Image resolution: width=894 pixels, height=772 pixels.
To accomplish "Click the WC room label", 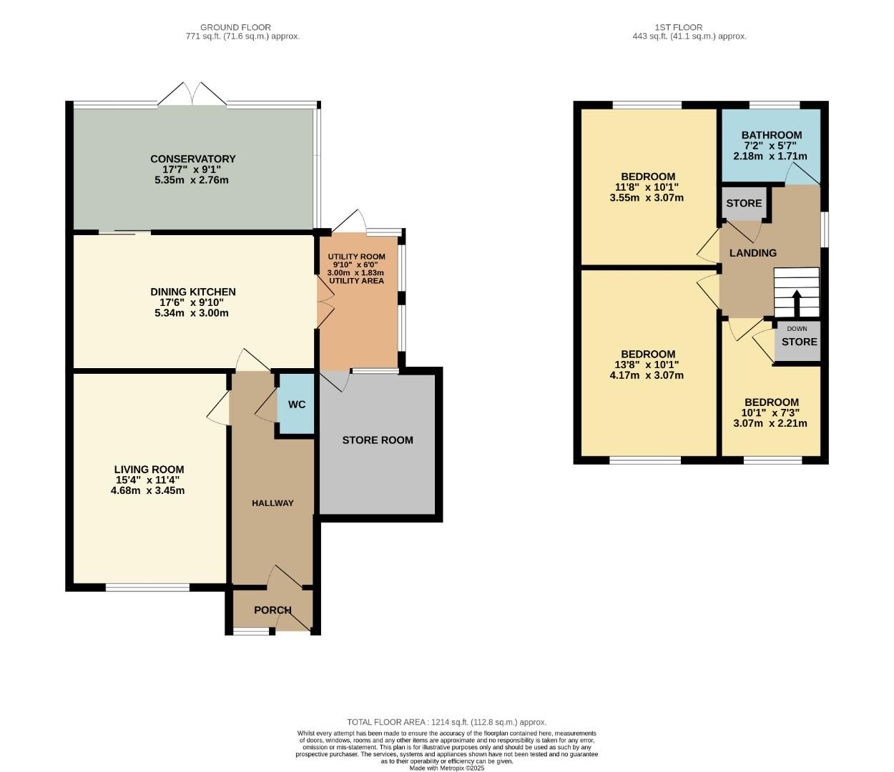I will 297,405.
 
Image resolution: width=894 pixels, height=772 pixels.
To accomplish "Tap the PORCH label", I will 272,610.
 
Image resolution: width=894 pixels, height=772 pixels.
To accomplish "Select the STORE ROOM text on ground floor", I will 378,440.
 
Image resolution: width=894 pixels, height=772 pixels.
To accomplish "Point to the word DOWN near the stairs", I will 797,329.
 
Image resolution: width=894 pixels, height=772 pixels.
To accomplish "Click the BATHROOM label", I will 771,135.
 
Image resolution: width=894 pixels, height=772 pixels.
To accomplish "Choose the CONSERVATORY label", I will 192,159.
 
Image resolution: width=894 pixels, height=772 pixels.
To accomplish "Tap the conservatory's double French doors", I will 192,95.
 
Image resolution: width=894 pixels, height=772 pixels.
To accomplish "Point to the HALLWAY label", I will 272,503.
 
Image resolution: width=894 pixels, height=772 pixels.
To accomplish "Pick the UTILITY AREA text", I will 356,281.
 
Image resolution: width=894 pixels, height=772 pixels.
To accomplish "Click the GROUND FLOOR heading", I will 235,27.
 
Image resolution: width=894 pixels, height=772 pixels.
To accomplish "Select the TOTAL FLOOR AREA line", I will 446,722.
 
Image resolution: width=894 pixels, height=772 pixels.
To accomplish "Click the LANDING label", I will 752,253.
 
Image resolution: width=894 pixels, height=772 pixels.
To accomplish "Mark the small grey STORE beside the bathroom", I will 744,203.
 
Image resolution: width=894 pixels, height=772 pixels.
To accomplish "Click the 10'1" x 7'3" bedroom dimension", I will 770,412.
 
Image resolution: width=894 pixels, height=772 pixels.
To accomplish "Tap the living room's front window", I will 148,588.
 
